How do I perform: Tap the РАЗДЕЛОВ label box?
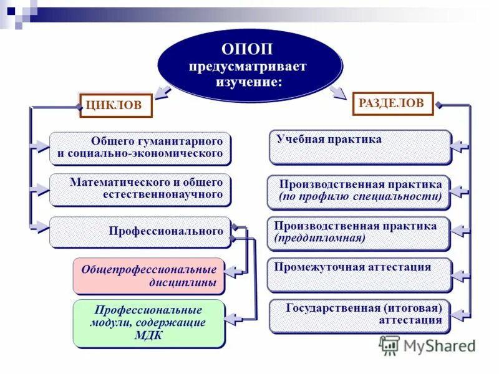pos(393,103)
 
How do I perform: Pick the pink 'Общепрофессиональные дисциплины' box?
pos(148,276)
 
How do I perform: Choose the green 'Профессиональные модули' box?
pos(148,324)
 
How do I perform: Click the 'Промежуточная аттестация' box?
pos(359,275)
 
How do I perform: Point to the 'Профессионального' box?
pos(140,232)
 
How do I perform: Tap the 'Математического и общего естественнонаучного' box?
pos(140,189)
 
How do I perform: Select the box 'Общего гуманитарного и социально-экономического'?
pos(140,148)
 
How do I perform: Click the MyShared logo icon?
pos(390,345)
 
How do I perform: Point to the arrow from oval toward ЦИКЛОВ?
pos(163,92)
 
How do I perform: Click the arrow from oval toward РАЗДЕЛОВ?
pos(337,92)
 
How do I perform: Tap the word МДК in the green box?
pos(148,335)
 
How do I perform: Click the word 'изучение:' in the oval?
pos(249,82)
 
